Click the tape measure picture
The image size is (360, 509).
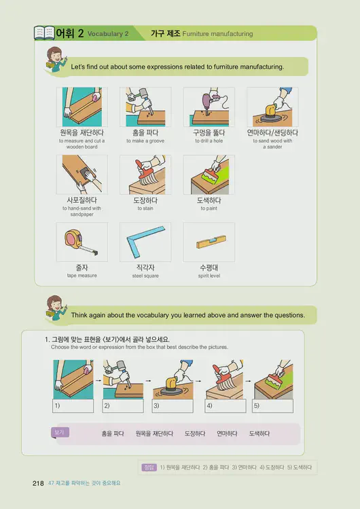point(82,242)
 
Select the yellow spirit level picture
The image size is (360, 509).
point(209,242)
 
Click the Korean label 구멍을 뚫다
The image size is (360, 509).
point(209,133)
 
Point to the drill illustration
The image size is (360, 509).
point(209,107)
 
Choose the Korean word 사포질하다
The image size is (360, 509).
point(82,200)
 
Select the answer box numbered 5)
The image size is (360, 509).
point(272,406)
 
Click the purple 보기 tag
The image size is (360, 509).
point(60,432)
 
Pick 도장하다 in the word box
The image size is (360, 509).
point(195,433)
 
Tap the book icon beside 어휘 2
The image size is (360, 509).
point(44,33)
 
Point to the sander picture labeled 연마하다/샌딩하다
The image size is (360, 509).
point(272,107)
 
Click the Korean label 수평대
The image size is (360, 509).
point(209,268)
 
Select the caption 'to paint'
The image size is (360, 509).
point(209,208)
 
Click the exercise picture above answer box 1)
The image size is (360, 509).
point(73,379)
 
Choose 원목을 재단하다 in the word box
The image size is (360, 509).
point(154,433)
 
